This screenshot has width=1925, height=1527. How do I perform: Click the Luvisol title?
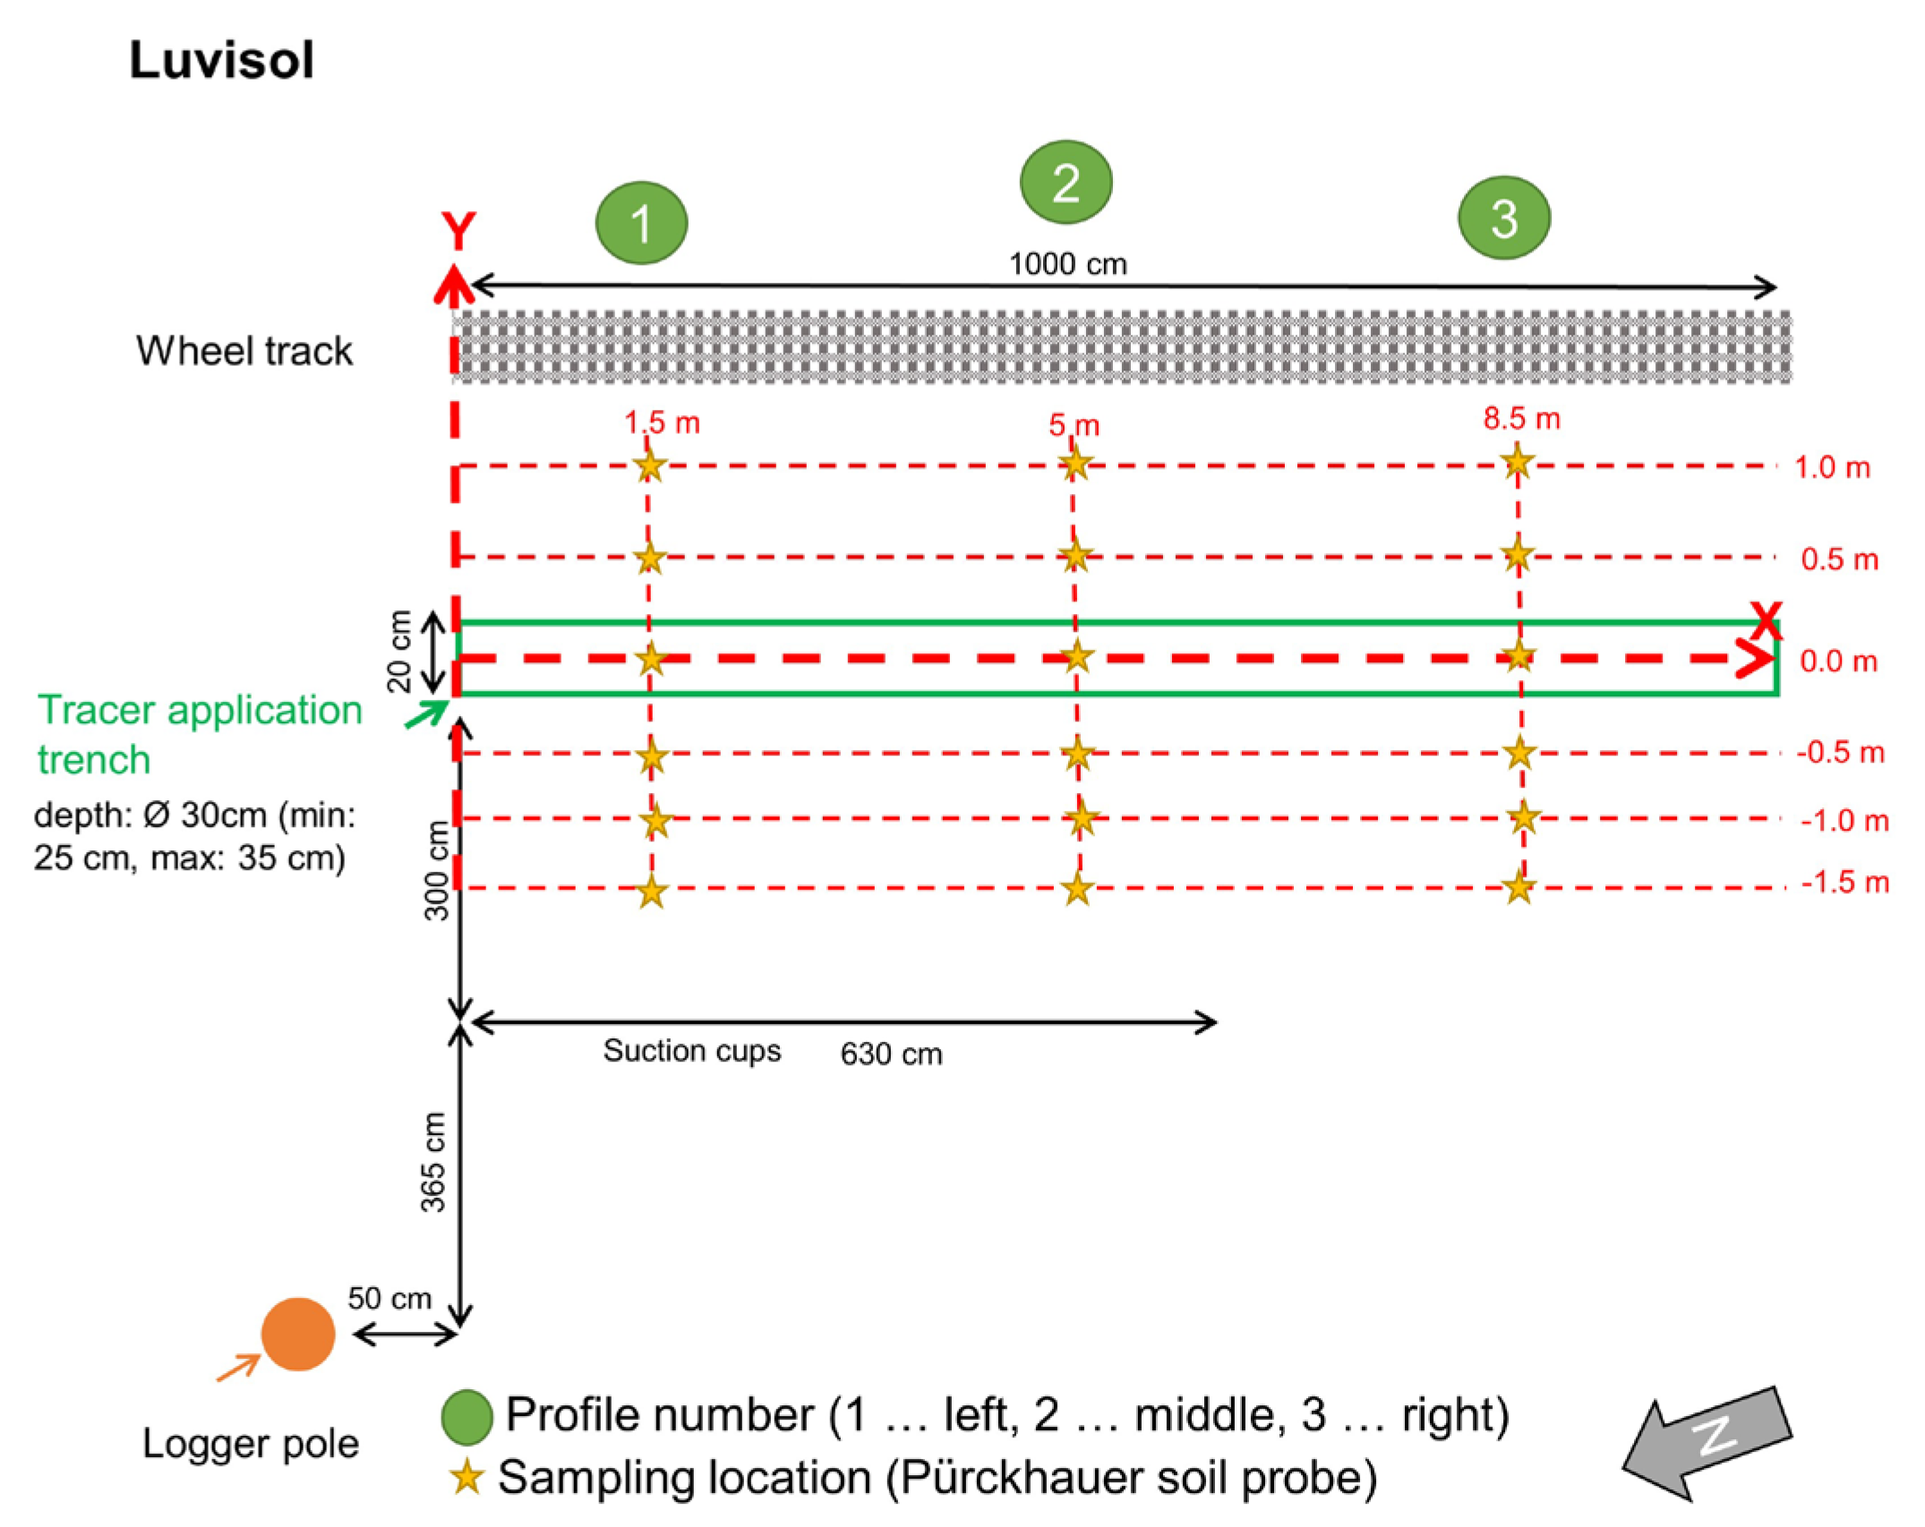221,61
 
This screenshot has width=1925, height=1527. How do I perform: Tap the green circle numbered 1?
641,223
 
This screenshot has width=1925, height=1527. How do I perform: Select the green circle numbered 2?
1065,182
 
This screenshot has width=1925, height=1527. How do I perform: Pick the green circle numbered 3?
1504,218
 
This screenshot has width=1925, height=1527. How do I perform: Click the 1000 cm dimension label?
1067,264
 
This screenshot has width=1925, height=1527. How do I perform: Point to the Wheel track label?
244,351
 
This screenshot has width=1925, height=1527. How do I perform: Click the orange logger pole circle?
298,1334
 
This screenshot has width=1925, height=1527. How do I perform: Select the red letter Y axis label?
458,232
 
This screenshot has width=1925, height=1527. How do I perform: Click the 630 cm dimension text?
891,1054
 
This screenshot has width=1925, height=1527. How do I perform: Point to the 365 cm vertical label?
433,1162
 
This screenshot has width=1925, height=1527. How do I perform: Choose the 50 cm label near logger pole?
389,1298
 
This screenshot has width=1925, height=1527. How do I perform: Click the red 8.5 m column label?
1521,418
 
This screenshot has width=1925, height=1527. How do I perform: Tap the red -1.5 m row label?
1844,883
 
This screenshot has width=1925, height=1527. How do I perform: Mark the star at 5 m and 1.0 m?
1074,465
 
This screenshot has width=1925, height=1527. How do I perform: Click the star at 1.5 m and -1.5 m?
652,891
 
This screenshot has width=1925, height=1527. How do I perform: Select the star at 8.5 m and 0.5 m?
1518,556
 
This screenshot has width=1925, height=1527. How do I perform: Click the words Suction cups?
691,1050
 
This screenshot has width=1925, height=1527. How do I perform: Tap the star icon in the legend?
466,1478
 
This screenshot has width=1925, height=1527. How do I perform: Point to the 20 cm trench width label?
399,651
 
